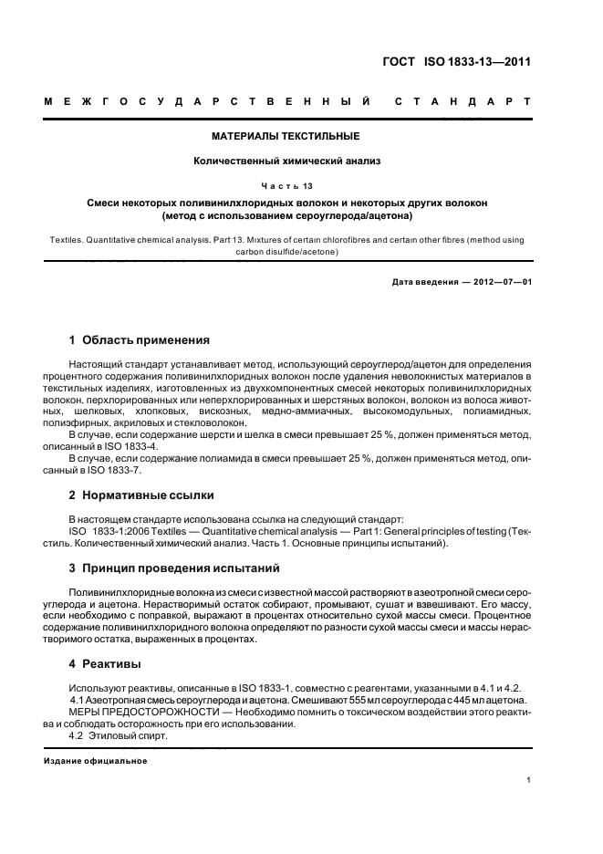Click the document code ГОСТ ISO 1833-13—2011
click(457, 62)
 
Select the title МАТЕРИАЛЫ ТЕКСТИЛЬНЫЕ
click(286, 136)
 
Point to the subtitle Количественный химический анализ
click(286, 161)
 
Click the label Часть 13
click(286, 185)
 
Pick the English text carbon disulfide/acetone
click(286, 251)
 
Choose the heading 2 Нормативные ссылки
click(141, 495)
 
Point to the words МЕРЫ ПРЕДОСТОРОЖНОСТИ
click(132, 712)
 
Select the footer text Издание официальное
click(96, 760)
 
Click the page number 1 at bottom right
click(529, 780)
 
